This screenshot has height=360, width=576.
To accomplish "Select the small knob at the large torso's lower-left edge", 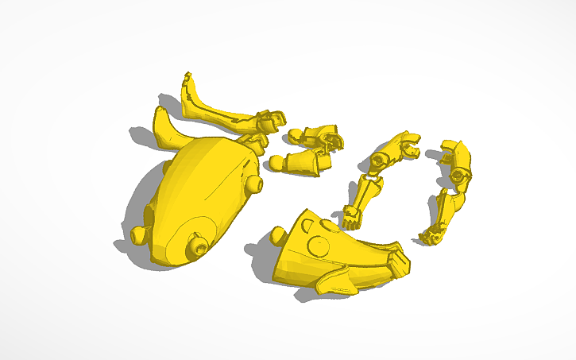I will [139, 234].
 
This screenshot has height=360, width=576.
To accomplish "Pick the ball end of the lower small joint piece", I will [278, 163].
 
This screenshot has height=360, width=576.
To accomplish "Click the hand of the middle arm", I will [351, 216].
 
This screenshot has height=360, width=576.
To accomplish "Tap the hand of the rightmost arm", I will [432, 234].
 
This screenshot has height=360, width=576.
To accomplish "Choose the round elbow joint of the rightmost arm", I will [458, 176].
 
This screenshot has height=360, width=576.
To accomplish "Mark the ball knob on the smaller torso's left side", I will [278, 234].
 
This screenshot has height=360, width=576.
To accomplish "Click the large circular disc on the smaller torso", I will [316, 246].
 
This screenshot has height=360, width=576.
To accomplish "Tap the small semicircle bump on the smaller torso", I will [311, 226].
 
